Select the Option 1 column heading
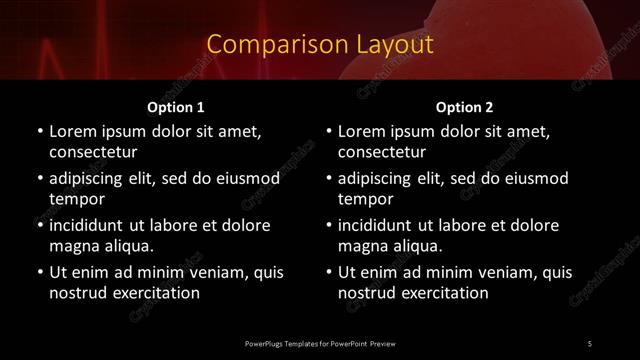pyautogui.click(x=176, y=107)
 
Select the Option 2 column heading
pyautogui.click(x=464, y=107)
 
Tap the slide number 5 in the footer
pyautogui.click(x=590, y=343)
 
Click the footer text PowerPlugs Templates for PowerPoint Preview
pyautogui.click(x=319, y=343)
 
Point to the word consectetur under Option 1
pyautogui.click(x=93, y=152)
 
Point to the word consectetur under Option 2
pyautogui.click(x=382, y=152)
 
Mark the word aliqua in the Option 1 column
pyautogui.click(x=130, y=246)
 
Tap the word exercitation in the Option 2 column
pyautogui.click(x=442, y=293)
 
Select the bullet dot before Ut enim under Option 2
pyautogui.click(x=329, y=272)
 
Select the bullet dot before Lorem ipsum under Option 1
pyautogui.click(x=40, y=131)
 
